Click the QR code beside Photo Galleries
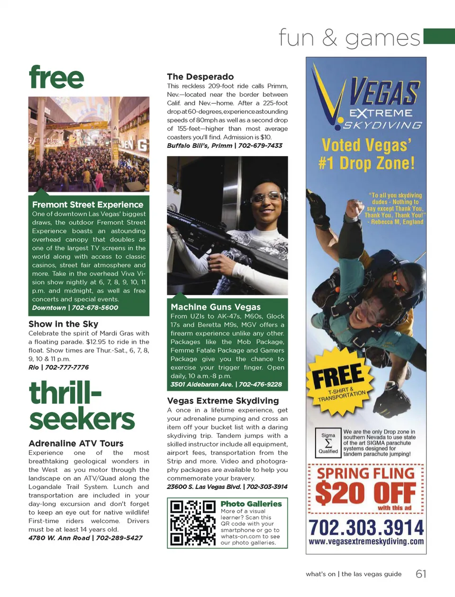pyautogui.click(x=193, y=523)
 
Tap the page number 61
pyautogui.click(x=421, y=574)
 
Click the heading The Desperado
pyautogui.click(x=200, y=77)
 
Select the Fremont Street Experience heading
pyautogui.click(x=88, y=205)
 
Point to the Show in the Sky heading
pyautogui.click(x=63, y=324)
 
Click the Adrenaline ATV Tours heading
pyautogui.click(x=76, y=443)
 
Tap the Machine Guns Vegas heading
pyautogui.click(x=216, y=307)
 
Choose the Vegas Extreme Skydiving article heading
pyautogui.click(x=223, y=401)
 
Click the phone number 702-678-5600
pyautogui.click(x=95, y=308)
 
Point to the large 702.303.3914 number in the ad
pyautogui.click(x=366, y=527)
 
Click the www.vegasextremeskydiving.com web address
pyautogui.click(x=366, y=542)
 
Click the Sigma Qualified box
pyautogui.click(x=328, y=443)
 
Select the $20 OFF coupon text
pyautogui.click(x=365, y=494)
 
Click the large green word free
pyautogui.click(x=56, y=78)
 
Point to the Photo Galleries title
pyautogui.click(x=251, y=504)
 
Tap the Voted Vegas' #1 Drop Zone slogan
pyautogui.click(x=366, y=154)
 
